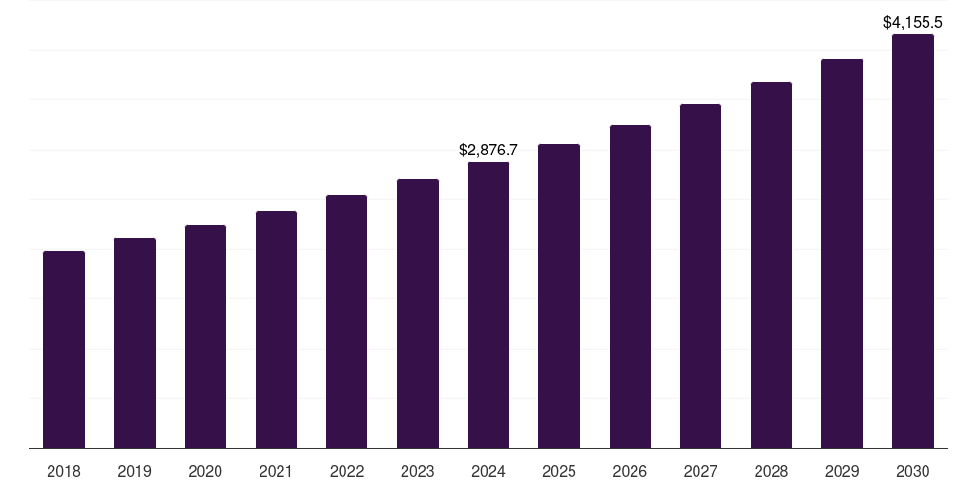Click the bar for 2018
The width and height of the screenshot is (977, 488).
click(64, 349)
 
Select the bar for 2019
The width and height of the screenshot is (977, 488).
click(135, 343)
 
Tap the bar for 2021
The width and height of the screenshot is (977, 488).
click(276, 329)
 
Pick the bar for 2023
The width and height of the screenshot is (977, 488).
click(418, 314)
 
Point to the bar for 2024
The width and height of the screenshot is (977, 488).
click(488, 305)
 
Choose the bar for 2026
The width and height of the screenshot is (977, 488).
click(630, 286)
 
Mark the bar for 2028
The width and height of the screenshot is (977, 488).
click(771, 265)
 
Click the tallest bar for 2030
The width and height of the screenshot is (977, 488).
click(912, 241)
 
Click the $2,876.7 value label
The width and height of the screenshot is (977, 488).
click(488, 150)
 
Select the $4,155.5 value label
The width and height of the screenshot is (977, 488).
click(912, 22)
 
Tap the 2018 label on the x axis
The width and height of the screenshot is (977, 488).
click(64, 471)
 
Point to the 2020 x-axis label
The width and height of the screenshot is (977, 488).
click(205, 471)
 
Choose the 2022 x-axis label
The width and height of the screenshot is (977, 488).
click(346, 471)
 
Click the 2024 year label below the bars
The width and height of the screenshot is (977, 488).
click(488, 471)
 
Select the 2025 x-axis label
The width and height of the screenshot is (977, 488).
click(559, 471)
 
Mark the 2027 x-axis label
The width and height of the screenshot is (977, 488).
click(700, 471)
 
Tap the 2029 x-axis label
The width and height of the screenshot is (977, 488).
click(842, 471)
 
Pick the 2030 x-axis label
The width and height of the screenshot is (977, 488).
click(912, 471)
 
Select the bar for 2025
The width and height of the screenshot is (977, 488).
click(559, 295)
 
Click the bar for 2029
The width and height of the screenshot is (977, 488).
click(842, 254)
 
